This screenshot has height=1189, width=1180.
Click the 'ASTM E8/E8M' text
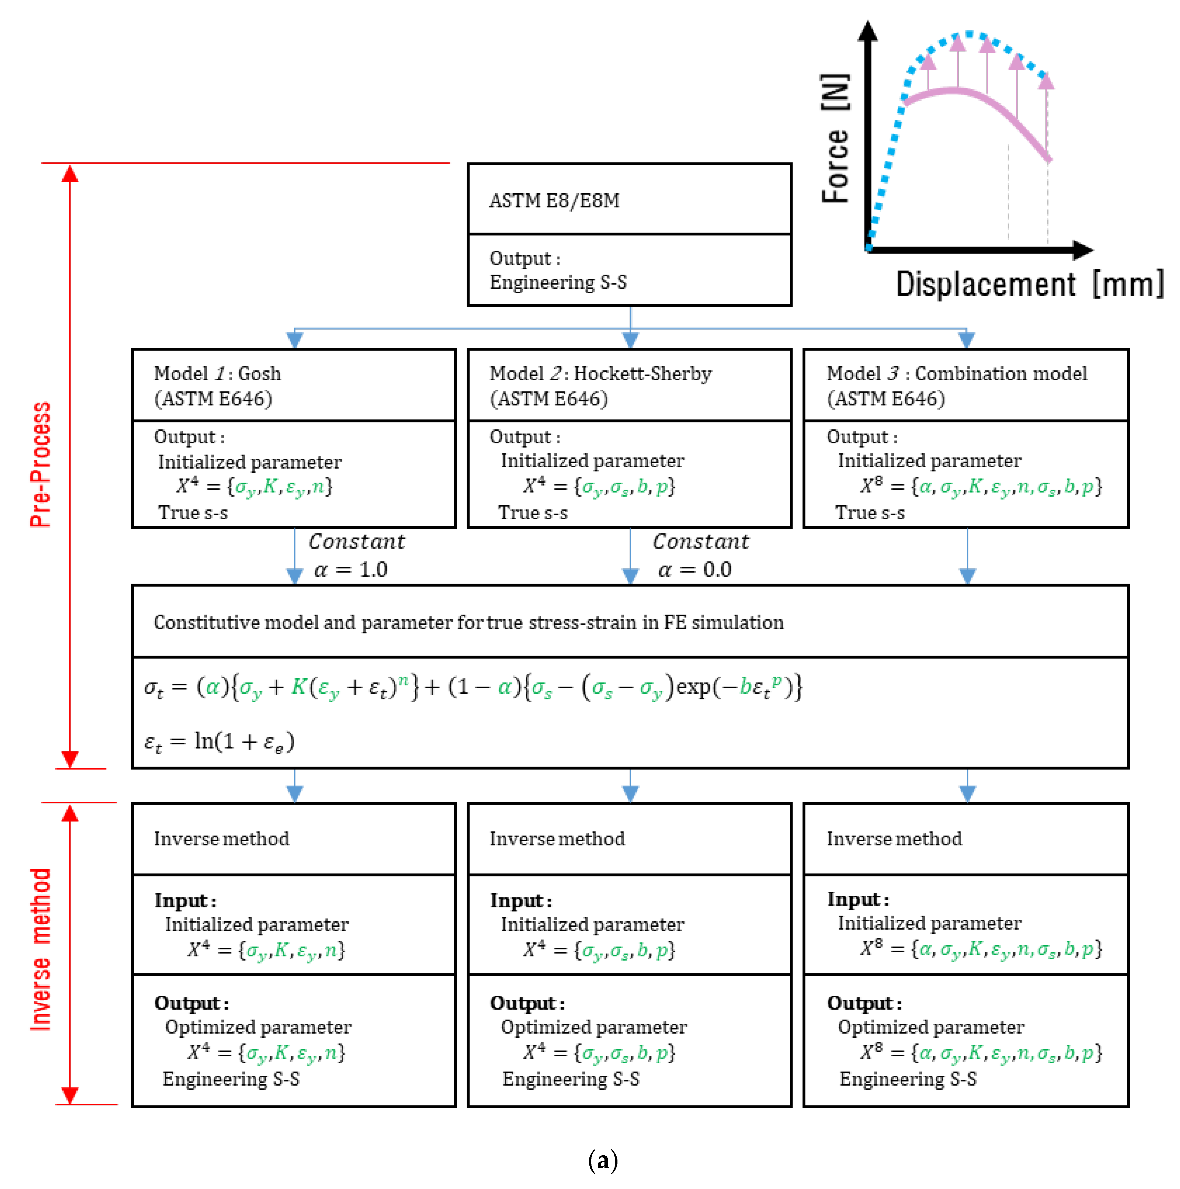pyautogui.click(x=554, y=201)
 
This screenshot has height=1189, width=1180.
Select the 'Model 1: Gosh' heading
pyautogui.click(x=217, y=374)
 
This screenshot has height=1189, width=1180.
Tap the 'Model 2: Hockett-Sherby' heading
pyautogui.click(x=600, y=374)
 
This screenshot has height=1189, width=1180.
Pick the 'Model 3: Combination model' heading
pyautogui.click(x=957, y=374)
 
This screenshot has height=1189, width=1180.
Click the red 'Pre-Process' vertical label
pyautogui.click(x=41, y=465)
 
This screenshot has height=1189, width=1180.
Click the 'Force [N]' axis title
pyautogui.click(x=836, y=138)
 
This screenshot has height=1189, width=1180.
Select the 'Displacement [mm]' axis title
pyautogui.click(x=1029, y=284)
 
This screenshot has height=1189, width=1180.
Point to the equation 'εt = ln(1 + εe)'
pyautogui.click(x=220, y=742)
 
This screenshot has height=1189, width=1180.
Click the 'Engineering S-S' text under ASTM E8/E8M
pyautogui.click(x=558, y=282)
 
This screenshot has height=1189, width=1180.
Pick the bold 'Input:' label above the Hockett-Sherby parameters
pyautogui.click(x=520, y=901)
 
